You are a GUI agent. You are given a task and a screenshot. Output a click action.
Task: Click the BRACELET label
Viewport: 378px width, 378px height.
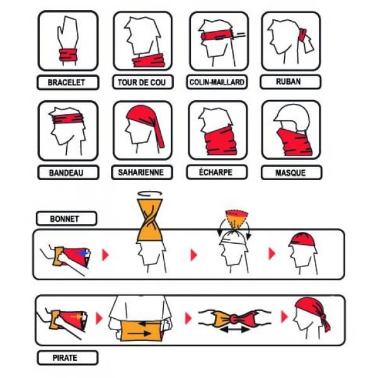point(66,83)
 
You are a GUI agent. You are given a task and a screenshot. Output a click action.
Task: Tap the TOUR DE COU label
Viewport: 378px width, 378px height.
point(142,83)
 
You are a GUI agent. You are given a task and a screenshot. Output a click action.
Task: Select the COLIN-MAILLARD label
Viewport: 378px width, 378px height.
point(217,82)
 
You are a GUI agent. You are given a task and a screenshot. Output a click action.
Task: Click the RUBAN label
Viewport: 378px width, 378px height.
point(289,82)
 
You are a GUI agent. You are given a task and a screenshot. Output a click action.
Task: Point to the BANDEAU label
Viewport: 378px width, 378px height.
point(66,173)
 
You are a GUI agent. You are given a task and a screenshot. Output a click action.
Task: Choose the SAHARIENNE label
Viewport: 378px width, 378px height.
point(140,173)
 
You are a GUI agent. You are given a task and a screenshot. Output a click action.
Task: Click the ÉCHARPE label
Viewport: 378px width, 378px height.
point(215,172)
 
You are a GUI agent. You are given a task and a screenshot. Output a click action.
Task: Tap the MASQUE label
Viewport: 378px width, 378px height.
point(290,173)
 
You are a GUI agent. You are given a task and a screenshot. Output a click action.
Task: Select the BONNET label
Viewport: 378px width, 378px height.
point(65,219)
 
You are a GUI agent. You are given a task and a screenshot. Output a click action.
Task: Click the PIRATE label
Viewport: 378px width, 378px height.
point(65,358)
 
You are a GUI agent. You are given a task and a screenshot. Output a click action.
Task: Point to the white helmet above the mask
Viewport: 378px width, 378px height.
point(292,117)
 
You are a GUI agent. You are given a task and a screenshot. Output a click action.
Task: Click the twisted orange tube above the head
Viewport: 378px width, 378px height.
point(150,220)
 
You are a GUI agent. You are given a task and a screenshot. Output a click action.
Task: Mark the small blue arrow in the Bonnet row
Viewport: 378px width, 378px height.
point(83,253)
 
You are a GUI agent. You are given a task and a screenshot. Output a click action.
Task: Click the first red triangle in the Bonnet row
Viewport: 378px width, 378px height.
point(105,255)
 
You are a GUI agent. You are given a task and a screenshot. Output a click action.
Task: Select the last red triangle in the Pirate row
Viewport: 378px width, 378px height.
point(285,317)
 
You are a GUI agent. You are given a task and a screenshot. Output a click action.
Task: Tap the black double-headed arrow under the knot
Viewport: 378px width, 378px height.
point(234,329)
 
